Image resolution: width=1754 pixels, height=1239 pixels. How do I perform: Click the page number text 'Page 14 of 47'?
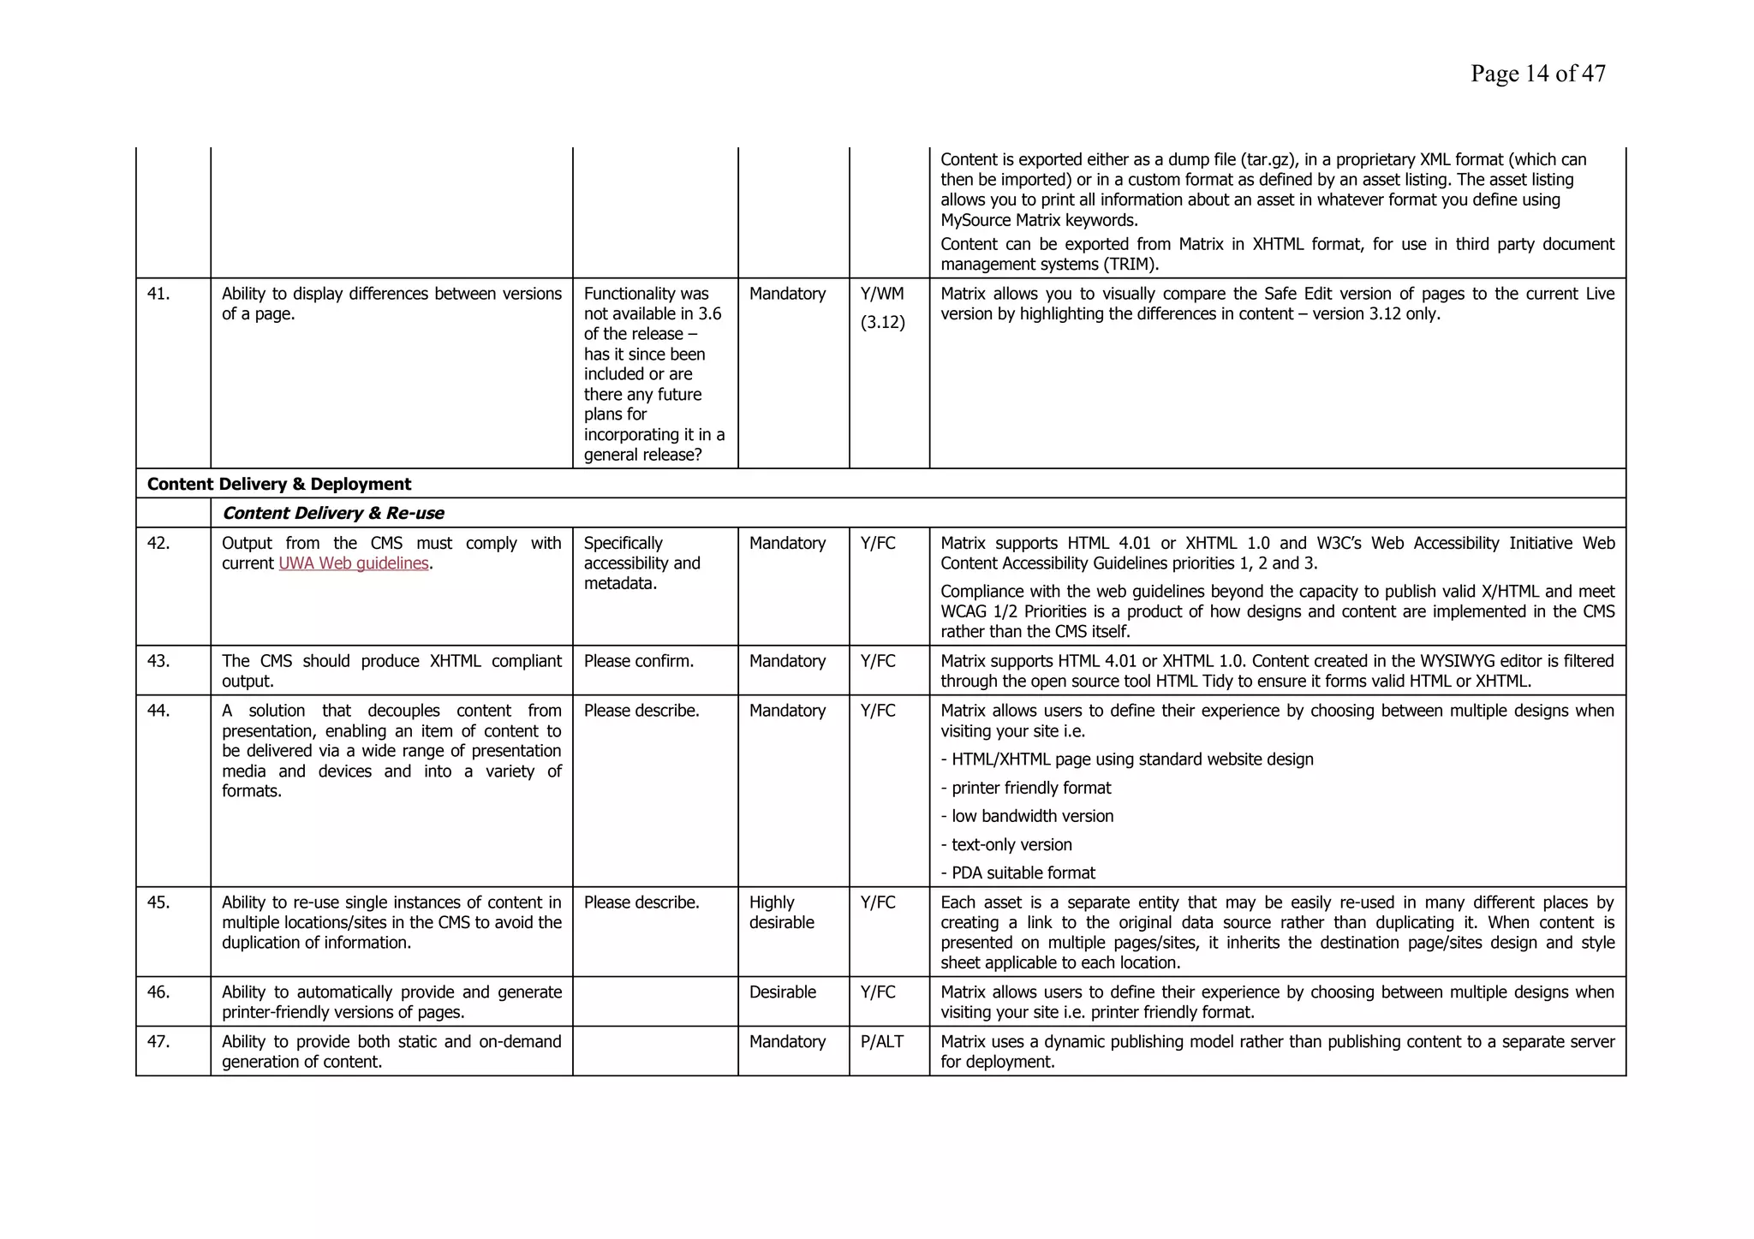[x=1537, y=74]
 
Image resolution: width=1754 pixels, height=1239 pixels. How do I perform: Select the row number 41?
[x=158, y=294]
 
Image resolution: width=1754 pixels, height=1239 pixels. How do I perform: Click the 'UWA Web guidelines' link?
[x=354, y=563]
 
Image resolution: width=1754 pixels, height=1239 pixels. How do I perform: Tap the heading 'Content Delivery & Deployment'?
[x=279, y=484]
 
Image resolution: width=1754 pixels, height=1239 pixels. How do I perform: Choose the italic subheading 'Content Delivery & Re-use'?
[x=333, y=513]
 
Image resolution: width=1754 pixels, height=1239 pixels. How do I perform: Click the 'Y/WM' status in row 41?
[x=881, y=294]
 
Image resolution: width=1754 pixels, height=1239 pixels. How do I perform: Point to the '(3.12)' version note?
[x=882, y=323]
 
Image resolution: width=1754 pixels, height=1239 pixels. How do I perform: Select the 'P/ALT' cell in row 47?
[x=883, y=1042]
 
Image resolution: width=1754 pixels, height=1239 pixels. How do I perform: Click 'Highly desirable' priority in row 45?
[x=781, y=912]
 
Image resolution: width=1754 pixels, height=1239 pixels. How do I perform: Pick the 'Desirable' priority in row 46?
[x=782, y=992]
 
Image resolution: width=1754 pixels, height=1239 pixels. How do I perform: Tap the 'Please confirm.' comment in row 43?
[x=638, y=661]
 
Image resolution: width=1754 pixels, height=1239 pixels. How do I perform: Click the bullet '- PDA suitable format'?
[x=1017, y=873]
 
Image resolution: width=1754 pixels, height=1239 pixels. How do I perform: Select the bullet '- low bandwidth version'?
[x=1027, y=816]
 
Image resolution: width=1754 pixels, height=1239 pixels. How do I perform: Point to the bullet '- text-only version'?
[x=1006, y=845]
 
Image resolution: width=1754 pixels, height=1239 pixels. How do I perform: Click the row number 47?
[x=158, y=1042]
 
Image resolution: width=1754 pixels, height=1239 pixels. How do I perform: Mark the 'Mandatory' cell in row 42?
[x=787, y=543]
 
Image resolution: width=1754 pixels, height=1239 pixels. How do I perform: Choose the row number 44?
[x=158, y=711]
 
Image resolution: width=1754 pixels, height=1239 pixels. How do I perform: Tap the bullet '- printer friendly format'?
[x=1025, y=788]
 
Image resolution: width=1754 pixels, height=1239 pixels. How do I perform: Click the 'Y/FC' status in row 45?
[x=878, y=902]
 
